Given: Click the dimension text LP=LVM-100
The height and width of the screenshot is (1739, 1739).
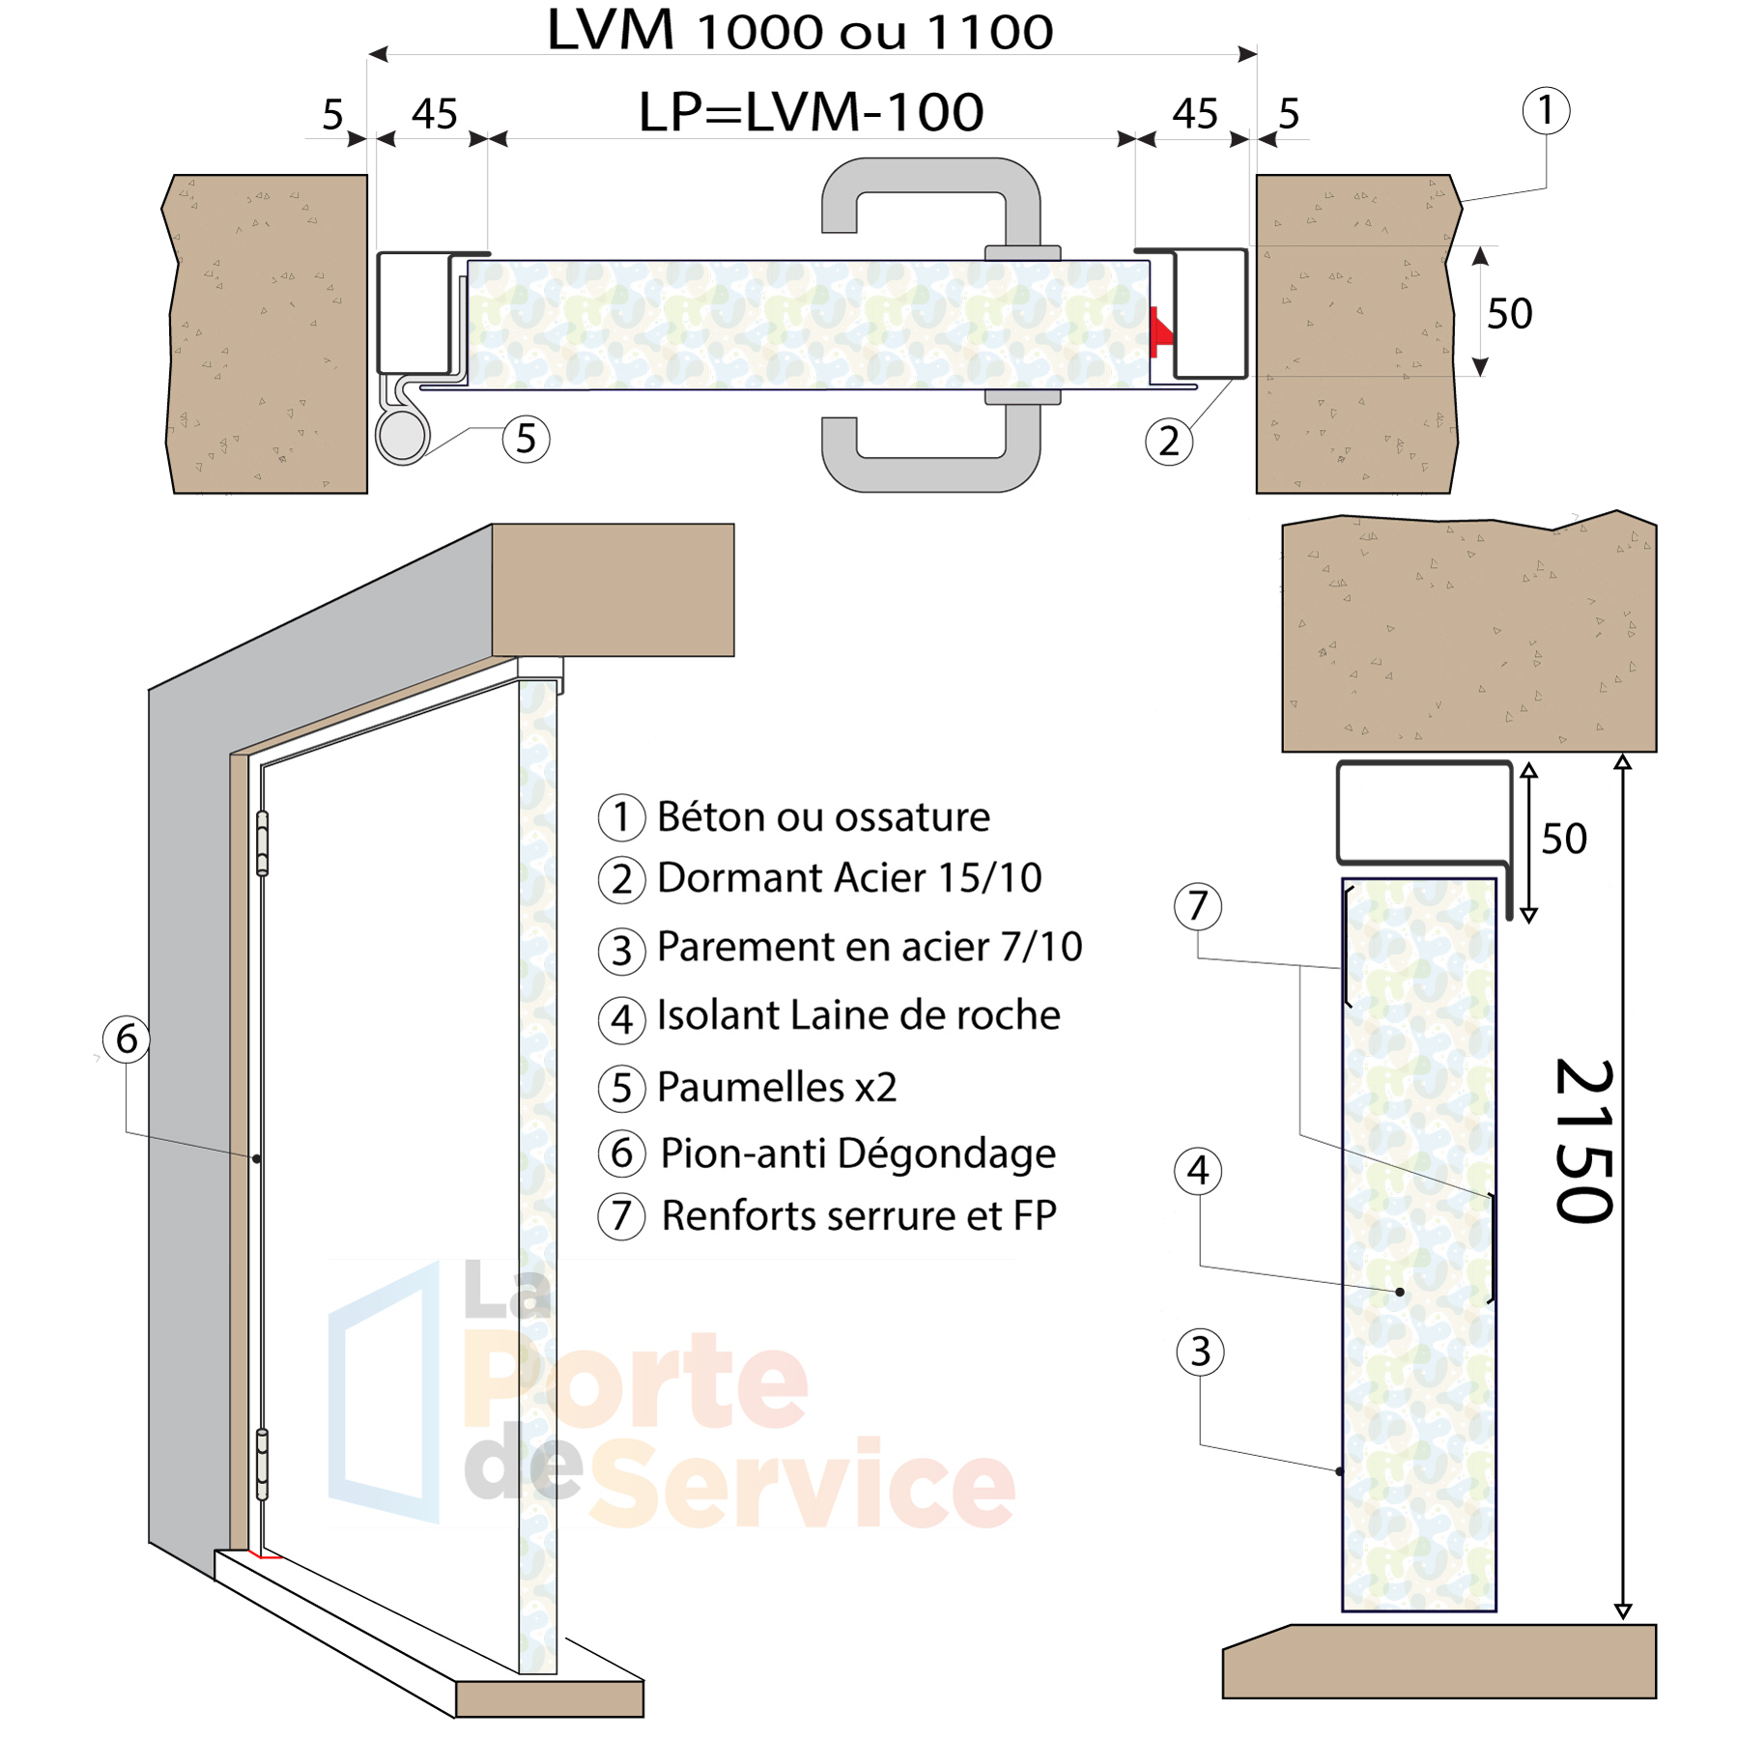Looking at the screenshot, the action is coord(811,112).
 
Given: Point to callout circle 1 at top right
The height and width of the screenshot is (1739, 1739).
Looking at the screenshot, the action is coord(1546,110).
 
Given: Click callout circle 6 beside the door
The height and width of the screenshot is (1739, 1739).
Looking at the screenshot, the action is coord(126,1040).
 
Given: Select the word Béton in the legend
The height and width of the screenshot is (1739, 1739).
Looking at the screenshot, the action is coord(711,817).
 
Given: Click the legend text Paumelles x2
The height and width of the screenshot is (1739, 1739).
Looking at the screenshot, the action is coord(777,1087).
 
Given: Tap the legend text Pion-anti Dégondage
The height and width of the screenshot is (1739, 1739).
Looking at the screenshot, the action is coord(858,1154).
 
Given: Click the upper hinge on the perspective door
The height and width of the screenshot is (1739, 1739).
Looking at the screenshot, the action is coord(263,843).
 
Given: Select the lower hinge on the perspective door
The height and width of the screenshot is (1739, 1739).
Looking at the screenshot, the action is coord(263,1464).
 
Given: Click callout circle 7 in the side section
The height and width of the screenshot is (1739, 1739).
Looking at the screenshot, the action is coord(1198,906).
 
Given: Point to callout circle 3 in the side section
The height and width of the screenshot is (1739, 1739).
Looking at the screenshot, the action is coord(1200,1352).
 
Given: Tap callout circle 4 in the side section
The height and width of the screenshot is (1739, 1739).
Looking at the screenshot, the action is coord(1198,1171).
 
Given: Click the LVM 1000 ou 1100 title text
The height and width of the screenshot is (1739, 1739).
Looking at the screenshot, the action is coord(800,31).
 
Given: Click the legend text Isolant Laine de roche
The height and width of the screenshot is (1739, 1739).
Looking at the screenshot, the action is coord(858,1015).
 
